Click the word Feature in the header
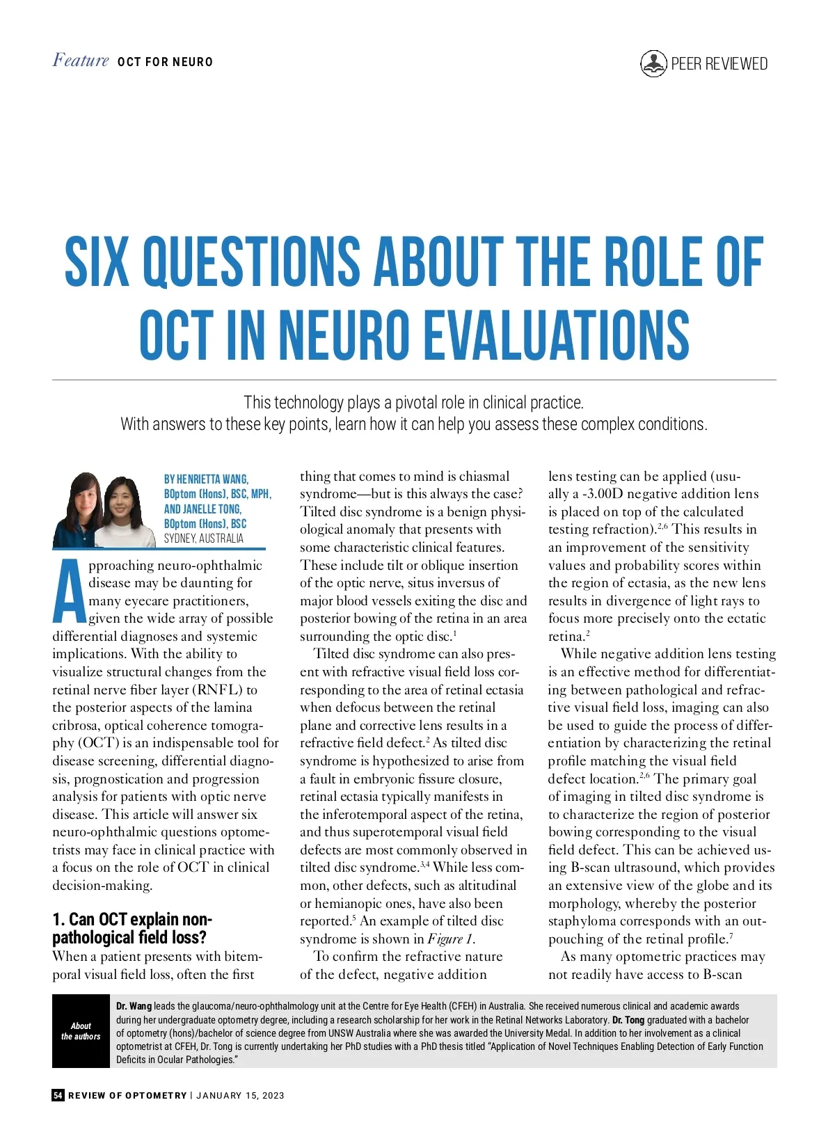click(81, 61)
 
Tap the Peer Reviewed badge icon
click(653, 63)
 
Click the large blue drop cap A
click(70, 592)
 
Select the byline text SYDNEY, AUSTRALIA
click(204, 538)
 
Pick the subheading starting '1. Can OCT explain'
click(132, 928)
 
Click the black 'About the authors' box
click(81, 1031)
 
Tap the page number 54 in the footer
click(58, 1095)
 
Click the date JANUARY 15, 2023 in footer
click(240, 1095)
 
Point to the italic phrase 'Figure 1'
click(450, 939)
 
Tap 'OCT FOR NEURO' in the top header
click(165, 62)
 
